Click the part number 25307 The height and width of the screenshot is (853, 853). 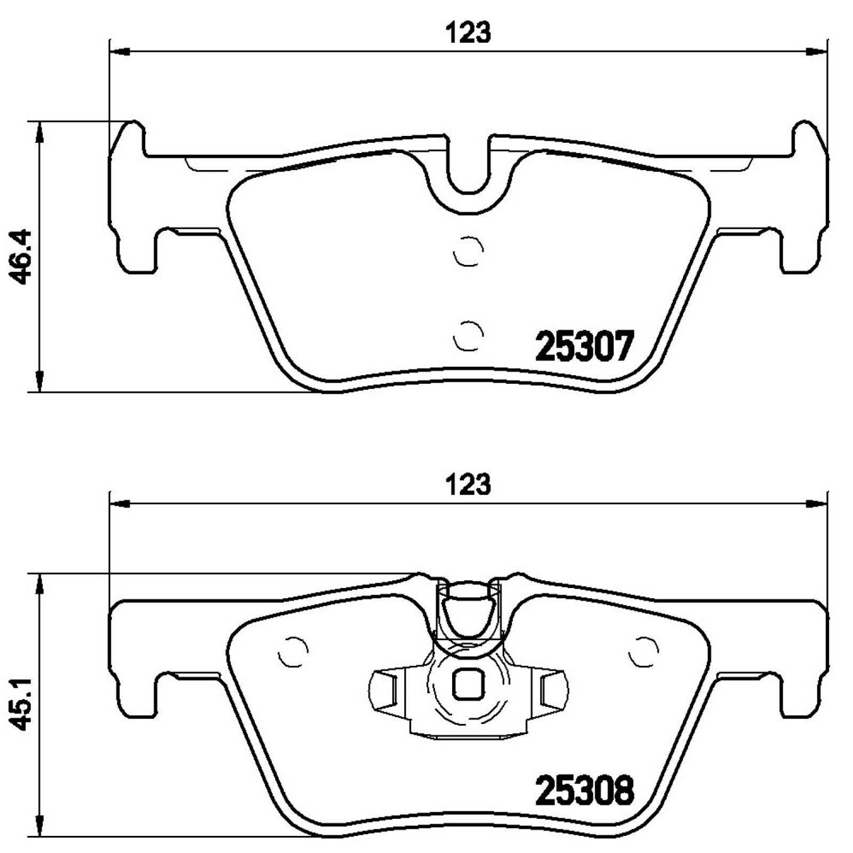click(584, 346)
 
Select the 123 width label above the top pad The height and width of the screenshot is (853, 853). click(468, 33)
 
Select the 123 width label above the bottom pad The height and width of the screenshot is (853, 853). click(468, 485)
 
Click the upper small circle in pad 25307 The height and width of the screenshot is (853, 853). click(468, 250)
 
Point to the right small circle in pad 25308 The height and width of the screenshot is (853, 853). click(643, 651)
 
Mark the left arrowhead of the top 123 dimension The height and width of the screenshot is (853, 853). click(119, 52)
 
